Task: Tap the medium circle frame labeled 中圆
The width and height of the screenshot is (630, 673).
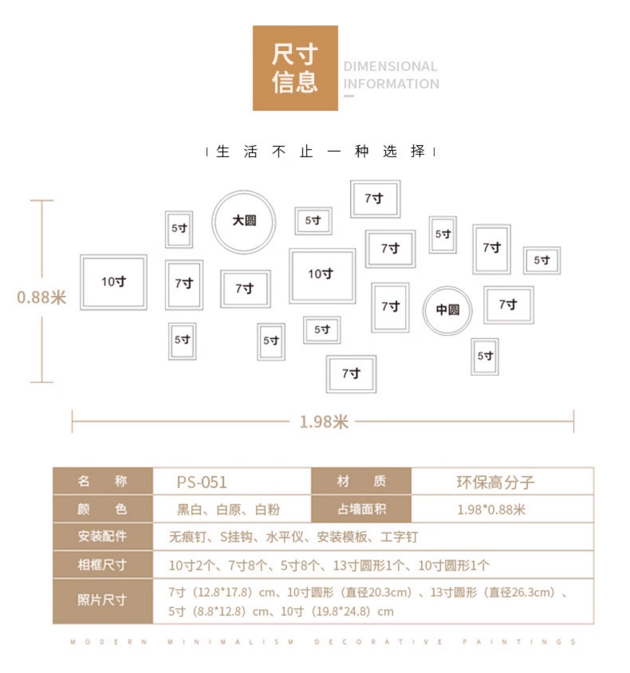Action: (447, 310)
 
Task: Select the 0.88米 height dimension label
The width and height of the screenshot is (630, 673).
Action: (41, 297)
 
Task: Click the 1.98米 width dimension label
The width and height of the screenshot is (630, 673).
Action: (324, 422)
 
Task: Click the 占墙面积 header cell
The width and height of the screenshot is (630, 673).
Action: (361, 509)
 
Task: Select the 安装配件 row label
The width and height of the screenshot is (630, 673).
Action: (102, 536)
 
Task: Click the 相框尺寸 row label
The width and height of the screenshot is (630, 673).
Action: (102, 565)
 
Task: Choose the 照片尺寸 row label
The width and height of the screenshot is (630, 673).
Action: (102, 600)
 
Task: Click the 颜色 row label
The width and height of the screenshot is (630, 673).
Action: (102, 509)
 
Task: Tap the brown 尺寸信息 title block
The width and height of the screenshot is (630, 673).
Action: (295, 68)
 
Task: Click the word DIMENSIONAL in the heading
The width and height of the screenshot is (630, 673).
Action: (390, 66)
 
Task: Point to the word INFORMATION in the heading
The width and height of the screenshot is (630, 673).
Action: (391, 84)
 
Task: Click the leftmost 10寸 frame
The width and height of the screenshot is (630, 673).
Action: (113, 282)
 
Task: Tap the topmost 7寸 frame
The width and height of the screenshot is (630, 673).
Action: (375, 199)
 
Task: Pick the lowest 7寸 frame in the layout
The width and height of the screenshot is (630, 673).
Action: (351, 374)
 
